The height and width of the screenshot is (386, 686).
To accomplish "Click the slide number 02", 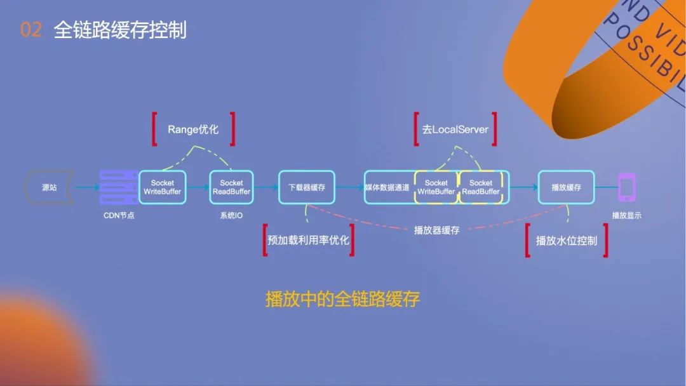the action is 31,30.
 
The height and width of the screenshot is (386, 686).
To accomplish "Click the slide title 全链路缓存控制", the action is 120,30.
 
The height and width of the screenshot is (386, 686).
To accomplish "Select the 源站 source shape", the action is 48,187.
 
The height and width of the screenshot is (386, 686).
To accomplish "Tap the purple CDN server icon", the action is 118,187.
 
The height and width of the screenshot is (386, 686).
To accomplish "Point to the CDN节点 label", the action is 119,215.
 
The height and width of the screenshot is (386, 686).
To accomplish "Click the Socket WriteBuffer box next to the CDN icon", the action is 162,187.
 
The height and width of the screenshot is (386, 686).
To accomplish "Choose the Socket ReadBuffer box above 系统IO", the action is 231,187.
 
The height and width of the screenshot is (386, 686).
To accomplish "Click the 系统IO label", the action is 231,215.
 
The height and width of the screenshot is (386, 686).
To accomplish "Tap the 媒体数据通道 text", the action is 387,188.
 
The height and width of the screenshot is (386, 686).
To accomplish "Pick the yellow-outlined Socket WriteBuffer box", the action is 436,187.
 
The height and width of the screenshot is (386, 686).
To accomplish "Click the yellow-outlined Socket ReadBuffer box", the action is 481,187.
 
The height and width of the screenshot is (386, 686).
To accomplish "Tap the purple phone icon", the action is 626,187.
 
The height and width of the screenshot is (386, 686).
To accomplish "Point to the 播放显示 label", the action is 626,215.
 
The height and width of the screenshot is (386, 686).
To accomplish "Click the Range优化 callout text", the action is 193,129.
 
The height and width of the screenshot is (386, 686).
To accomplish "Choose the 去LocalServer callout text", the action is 455,129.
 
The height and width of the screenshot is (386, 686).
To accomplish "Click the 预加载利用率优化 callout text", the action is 308,241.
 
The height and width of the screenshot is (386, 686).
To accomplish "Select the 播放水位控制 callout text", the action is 566,241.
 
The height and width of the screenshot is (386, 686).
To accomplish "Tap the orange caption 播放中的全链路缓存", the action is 342,299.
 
